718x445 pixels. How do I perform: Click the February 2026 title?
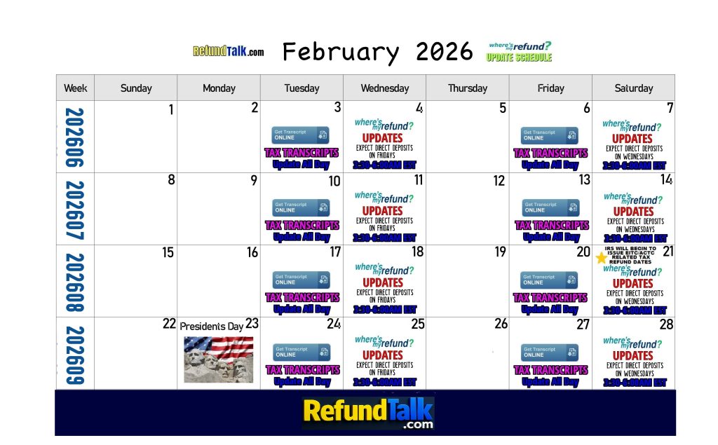(378, 52)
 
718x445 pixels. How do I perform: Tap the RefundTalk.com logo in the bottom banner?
(368, 413)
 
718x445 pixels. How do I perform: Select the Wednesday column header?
(385, 88)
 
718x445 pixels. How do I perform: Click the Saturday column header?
(633, 88)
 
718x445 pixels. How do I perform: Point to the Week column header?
(75, 88)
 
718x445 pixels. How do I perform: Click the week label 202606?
(75, 137)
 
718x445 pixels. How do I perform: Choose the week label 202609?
(75, 355)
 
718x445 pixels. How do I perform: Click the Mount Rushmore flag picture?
(218, 359)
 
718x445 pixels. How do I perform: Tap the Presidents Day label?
(212, 327)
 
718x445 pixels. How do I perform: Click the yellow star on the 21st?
(601, 258)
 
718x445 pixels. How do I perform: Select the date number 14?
(666, 179)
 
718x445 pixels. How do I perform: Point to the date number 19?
(500, 252)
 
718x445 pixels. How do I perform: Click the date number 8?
(170, 179)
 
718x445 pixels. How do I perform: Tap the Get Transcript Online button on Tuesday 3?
(300, 135)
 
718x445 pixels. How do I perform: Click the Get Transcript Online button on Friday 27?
(550, 352)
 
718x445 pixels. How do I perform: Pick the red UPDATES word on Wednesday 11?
(382, 210)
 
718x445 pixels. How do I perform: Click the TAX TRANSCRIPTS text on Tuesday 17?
(302, 298)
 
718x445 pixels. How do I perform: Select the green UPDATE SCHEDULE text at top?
(519, 57)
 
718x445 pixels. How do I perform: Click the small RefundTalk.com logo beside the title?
(229, 52)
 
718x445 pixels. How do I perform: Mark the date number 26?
(501, 324)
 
